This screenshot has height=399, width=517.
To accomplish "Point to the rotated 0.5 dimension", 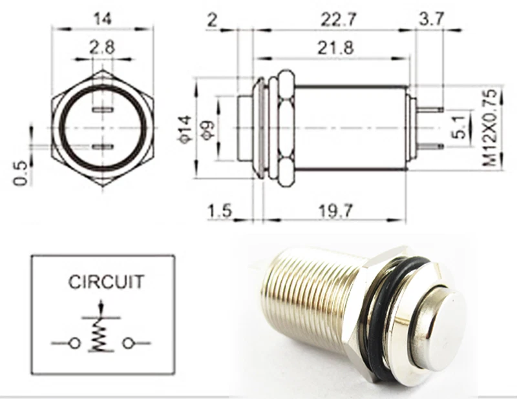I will [x=21, y=172].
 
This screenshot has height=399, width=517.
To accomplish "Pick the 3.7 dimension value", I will [x=431, y=19].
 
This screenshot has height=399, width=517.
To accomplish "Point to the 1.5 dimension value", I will [x=220, y=209].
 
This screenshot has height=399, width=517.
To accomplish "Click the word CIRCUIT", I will [x=107, y=282].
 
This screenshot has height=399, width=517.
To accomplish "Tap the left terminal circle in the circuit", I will [x=75, y=343].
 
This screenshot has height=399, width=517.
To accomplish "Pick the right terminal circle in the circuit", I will [x=127, y=343].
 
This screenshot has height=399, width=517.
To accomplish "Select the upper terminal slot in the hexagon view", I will [x=102, y=112].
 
